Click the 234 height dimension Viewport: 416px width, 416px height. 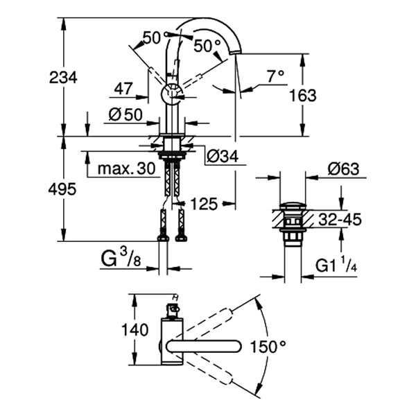coord(63,78)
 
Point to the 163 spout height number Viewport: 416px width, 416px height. coord(284,95)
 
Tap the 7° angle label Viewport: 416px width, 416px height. coord(275,76)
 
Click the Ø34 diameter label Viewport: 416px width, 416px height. coord(223,157)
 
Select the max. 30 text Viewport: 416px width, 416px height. coord(125,168)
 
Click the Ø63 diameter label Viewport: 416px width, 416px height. coord(343,168)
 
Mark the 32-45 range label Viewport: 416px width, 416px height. coord(340,220)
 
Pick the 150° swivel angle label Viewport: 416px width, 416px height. coord(268,345)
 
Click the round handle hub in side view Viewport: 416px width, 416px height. coord(171,93)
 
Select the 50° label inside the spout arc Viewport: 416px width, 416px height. coord(207,46)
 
